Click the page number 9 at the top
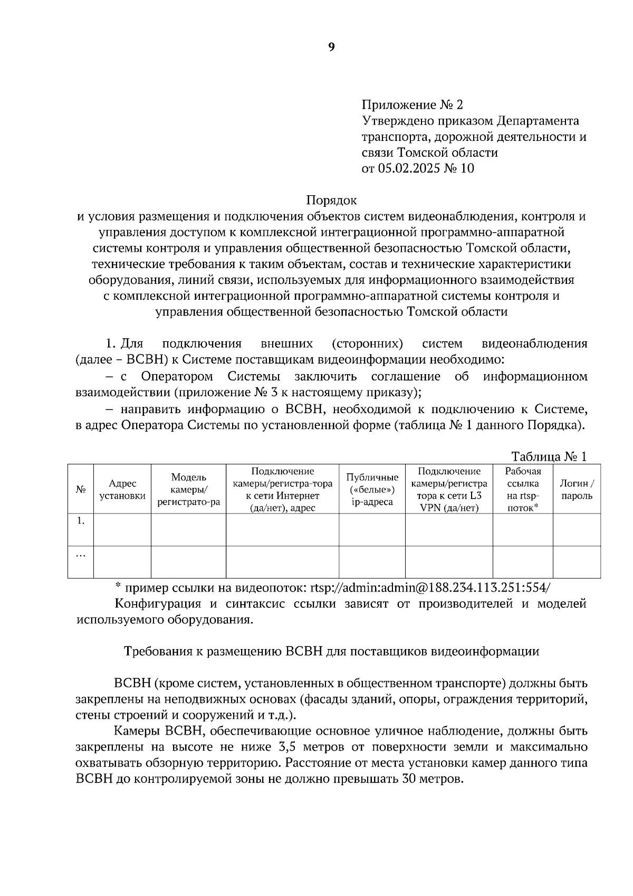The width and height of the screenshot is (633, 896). [x=331, y=47]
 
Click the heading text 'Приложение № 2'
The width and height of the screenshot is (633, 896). [x=412, y=104]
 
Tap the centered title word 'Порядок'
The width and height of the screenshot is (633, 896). [x=331, y=201]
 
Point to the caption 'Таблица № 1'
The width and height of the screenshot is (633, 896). [x=549, y=456]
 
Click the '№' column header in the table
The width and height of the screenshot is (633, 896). [x=81, y=489]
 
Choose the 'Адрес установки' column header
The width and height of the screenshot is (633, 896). [x=122, y=489]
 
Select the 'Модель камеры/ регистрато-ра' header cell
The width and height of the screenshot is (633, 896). [x=188, y=489]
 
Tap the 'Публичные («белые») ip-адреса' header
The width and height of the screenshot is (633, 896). [x=372, y=489]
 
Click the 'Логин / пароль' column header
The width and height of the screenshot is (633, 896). [x=577, y=489]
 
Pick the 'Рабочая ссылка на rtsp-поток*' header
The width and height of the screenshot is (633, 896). [x=522, y=489]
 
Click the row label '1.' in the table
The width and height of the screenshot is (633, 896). [x=81, y=521]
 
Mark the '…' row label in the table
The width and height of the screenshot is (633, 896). [x=81, y=555]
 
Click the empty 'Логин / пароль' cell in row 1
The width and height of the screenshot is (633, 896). [x=577, y=530]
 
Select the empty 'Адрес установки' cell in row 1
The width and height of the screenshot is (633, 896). [x=122, y=530]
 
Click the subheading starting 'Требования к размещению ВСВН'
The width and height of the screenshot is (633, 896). [x=331, y=651]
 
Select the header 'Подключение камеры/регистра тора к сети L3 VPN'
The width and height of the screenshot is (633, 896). [x=448, y=489]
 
